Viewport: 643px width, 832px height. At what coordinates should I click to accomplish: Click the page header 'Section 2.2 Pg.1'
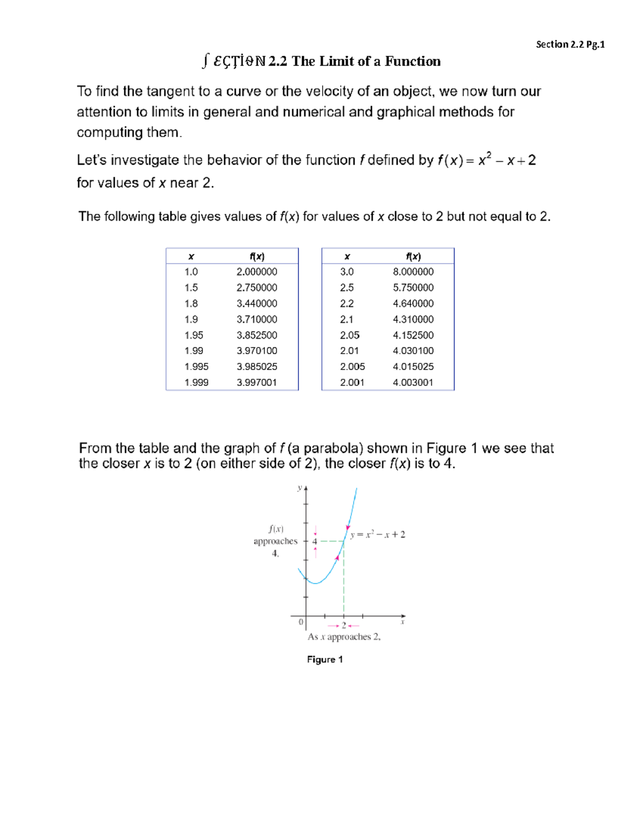click(570, 44)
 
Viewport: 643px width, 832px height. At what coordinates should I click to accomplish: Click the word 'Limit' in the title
click(337, 62)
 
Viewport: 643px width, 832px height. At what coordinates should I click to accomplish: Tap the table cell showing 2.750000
click(257, 288)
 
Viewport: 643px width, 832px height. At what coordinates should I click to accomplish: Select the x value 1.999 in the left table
click(196, 383)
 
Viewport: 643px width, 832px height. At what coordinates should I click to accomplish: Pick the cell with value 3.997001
click(257, 383)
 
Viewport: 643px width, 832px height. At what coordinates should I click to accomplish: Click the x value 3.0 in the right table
click(347, 272)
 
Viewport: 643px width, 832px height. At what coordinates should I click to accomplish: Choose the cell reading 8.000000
click(413, 272)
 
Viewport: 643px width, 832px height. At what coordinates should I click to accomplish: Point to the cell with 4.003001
click(413, 383)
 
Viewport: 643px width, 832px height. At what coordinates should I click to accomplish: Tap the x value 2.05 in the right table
click(349, 335)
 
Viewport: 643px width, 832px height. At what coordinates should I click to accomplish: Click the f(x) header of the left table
click(257, 257)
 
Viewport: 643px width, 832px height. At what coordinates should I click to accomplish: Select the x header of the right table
click(347, 257)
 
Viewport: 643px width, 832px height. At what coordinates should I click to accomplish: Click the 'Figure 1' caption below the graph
click(325, 659)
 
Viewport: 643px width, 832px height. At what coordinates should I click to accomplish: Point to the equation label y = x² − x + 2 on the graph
click(378, 535)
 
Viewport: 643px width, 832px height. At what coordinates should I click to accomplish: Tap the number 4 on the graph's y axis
click(315, 542)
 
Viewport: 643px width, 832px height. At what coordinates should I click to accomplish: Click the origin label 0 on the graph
click(301, 622)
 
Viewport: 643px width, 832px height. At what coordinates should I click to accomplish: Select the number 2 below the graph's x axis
click(344, 625)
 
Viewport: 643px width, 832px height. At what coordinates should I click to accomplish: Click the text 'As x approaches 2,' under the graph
click(344, 637)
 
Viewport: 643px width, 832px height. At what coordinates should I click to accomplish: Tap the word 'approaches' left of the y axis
click(275, 542)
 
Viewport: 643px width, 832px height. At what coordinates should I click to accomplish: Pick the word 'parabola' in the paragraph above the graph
click(329, 448)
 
